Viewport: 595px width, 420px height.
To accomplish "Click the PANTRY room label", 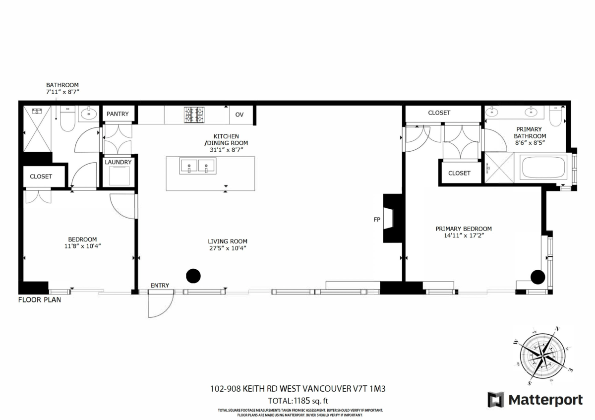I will coord(118,114).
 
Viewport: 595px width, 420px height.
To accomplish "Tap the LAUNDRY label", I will coord(118,162).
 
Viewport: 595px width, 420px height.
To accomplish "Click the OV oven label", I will coord(239,115).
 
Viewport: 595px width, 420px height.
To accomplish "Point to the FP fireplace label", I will coord(377,219).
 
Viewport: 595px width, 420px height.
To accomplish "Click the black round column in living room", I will coord(193,276).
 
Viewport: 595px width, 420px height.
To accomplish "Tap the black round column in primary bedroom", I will coord(537,276).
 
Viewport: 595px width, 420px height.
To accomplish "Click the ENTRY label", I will coord(160,285).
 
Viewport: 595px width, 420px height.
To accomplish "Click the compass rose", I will coord(544,355).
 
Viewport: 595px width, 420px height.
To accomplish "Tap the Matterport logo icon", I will coord(495,400).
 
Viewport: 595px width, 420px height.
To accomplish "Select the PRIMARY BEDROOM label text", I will coord(463,229).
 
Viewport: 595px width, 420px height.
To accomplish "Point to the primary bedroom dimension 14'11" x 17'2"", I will coord(463,236).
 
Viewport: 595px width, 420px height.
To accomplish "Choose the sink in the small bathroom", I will coord(88,114).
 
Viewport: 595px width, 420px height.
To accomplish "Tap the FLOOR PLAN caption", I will coord(40,300).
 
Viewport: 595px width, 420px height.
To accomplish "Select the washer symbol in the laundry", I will coord(119,176).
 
